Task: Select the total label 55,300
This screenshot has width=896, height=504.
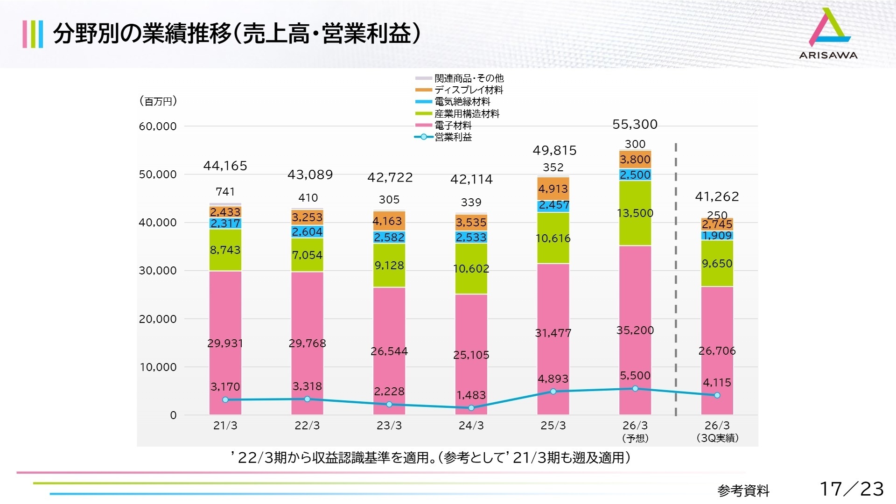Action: [x=635, y=124]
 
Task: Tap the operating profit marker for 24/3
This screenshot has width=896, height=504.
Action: [x=471, y=408]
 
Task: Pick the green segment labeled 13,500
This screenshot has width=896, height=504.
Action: [x=635, y=213]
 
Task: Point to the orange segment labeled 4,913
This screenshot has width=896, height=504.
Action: [x=553, y=189]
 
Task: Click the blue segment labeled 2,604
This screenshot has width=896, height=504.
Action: [x=307, y=232]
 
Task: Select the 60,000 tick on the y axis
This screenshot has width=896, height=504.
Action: [x=158, y=126]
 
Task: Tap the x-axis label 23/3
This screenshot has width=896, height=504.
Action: [x=389, y=426]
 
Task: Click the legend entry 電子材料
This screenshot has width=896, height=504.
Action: [x=453, y=125]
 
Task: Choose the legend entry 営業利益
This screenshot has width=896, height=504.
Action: [x=453, y=137]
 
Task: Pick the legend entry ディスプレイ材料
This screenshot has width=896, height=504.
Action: [x=468, y=90]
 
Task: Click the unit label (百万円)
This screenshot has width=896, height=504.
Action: [x=158, y=101]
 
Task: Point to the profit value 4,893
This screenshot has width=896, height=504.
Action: [x=553, y=379]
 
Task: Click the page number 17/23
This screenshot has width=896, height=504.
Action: [x=851, y=489]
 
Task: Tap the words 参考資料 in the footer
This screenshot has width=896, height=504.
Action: [x=743, y=490]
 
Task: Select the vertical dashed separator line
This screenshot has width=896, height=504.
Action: [x=676, y=280]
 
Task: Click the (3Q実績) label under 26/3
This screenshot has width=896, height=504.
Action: [x=717, y=438]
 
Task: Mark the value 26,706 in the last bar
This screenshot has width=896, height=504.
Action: [x=717, y=351]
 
